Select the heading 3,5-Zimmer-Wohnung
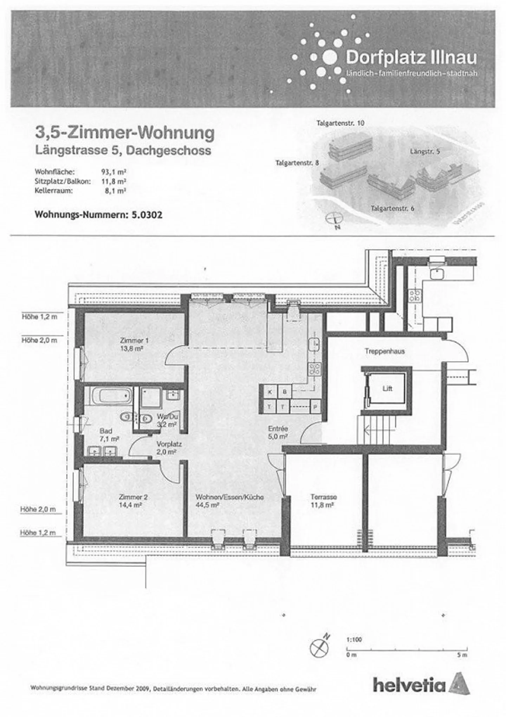pyautogui.click(x=125, y=133)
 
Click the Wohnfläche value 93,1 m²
pyautogui.click(x=113, y=172)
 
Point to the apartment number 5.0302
pyautogui.click(x=147, y=215)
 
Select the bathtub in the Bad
pyautogui.click(x=111, y=396)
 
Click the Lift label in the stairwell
pyautogui.click(x=387, y=389)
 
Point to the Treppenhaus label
pyautogui.click(x=384, y=351)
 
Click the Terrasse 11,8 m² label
pyautogui.click(x=323, y=501)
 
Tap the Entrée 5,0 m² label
pyautogui.click(x=278, y=433)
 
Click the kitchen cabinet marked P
pyautogui.click(x=315, y=407)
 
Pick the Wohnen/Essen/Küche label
pyautogui.click(x=229, y=497)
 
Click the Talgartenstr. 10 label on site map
pyautogui.click(x=340, y=123)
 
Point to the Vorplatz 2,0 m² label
pyautogui.click(x=169, y=448)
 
